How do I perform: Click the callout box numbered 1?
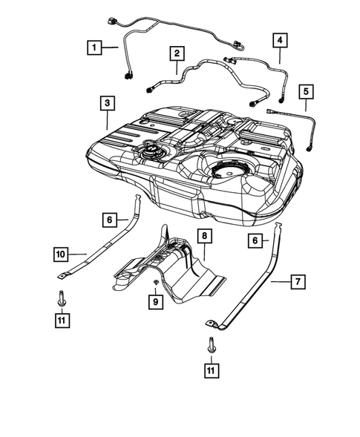coord(94,47)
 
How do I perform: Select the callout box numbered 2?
coord(177,53)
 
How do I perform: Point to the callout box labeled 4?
coord(280,39)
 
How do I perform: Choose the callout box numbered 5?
coord(305,92)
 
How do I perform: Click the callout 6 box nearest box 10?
coord(109,220)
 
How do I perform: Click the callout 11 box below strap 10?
coord(62,321)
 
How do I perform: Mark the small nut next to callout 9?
coord(154,284)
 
